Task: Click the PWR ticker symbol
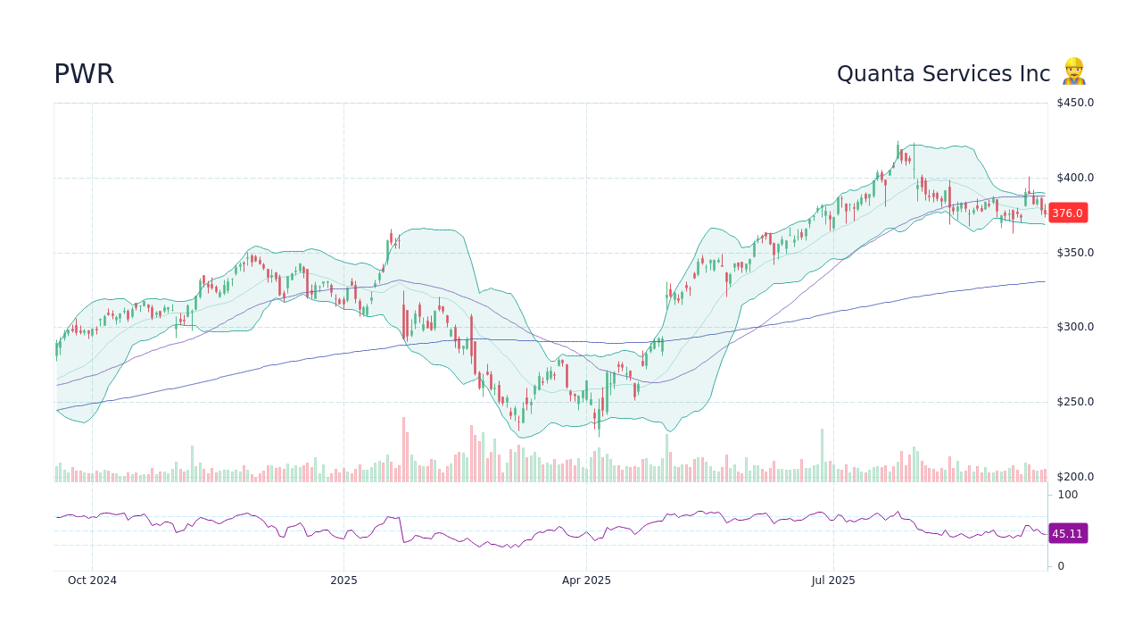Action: pyautogui.click(x=84, y=74)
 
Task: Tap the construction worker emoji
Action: pyautogui.click(x=1073, y=71)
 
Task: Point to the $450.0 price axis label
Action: pyautogui.click(x=1075, y=103)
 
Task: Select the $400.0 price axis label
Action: pyautogui.click(x=1075, y=178)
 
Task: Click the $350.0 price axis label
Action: pyautogui.click(x=1075, y=253)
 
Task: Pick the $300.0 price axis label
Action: pyautogui.click(x=1075, y=327)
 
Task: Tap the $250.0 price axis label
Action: pyautogui.click(x=1075, y=402)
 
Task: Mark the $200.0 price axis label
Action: pyautogui.click(x=1075, y=477)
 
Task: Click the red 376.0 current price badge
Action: pyautogui.click(x=1067, y=213)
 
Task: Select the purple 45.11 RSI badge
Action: pyautogui.click(x=1067, y=534)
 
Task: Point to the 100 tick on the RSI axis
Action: pyautogui.click(x=1068, y=495)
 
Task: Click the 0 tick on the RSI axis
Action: pyautogui.click(x=1061, y=566)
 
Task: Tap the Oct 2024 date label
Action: pyautogui.click(x=92, y=580)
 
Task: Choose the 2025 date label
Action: pyautogui.click(x=343, y=580)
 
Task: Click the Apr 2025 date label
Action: pyautogui.click(x=586, y=580)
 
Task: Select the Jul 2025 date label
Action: pyautogui.click(x=833, y=580)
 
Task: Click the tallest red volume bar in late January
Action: pyautogui.click(x=403, y=450)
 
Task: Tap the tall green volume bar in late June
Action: pyautogui.click(x=822, y=455)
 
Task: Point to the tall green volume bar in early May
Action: pyautogui.click(x=666, y=458)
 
